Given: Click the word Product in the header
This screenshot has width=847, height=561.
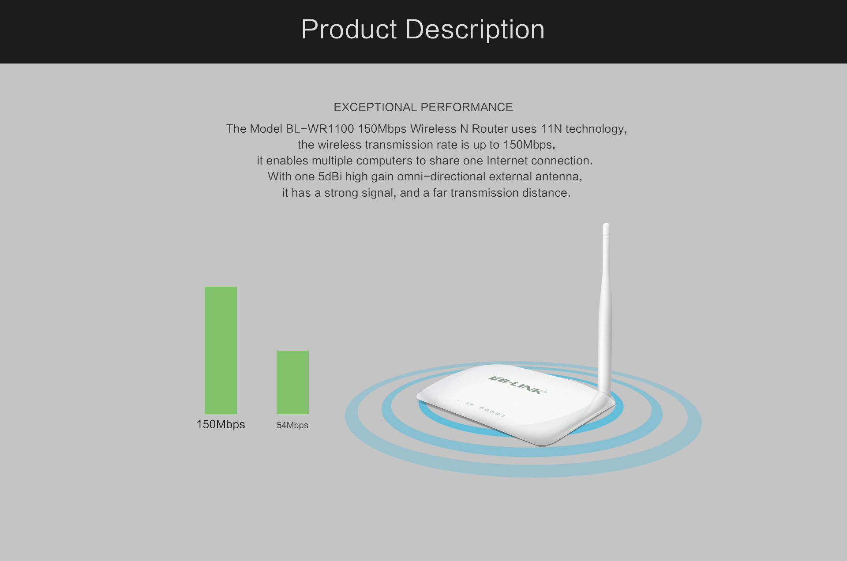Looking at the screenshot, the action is pos(349,30).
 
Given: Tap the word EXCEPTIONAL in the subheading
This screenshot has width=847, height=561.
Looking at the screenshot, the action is pos(375,107).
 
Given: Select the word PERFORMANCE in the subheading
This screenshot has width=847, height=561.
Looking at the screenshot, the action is pos(467,107).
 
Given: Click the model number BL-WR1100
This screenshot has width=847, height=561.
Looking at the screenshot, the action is pos(320,129).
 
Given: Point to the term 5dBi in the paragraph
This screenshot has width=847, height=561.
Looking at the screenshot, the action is pos(330,176).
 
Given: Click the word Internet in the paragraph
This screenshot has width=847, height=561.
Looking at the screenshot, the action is pos(505,161).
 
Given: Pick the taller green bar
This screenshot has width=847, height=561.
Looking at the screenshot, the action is pos(221,350).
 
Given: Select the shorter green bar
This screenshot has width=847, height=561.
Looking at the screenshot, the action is pos(292,382).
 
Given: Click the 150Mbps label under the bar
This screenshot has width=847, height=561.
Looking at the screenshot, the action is pos(221,424).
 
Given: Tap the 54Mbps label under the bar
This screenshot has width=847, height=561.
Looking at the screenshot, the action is pos(292,425).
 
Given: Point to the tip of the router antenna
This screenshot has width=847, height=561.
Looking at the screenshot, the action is pos(606,225).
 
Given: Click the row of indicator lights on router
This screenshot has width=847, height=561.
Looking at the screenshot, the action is pos(481,408).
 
